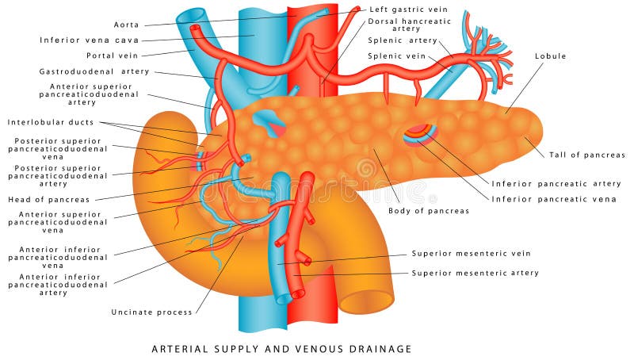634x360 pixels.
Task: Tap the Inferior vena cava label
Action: pos(89,40)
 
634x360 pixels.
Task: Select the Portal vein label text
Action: pos(112,56)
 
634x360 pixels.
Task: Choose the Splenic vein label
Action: pos(396,56)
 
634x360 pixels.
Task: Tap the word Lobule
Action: pos(550,56)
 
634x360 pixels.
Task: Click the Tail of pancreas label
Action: pos(586,155)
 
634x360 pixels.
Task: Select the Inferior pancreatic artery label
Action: pos(556,183)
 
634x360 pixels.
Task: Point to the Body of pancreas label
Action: pos(428,211)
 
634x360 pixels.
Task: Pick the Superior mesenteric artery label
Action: pos(475,273)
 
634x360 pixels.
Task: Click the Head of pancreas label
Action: pos(48,199)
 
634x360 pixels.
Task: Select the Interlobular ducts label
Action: pos(51,122)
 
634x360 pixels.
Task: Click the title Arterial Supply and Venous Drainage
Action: pos(281,348)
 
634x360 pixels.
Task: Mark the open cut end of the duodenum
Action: pos(366,301)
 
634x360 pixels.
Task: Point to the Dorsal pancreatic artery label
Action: pos(410,25)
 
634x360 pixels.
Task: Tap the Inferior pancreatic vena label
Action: pos(554,199)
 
